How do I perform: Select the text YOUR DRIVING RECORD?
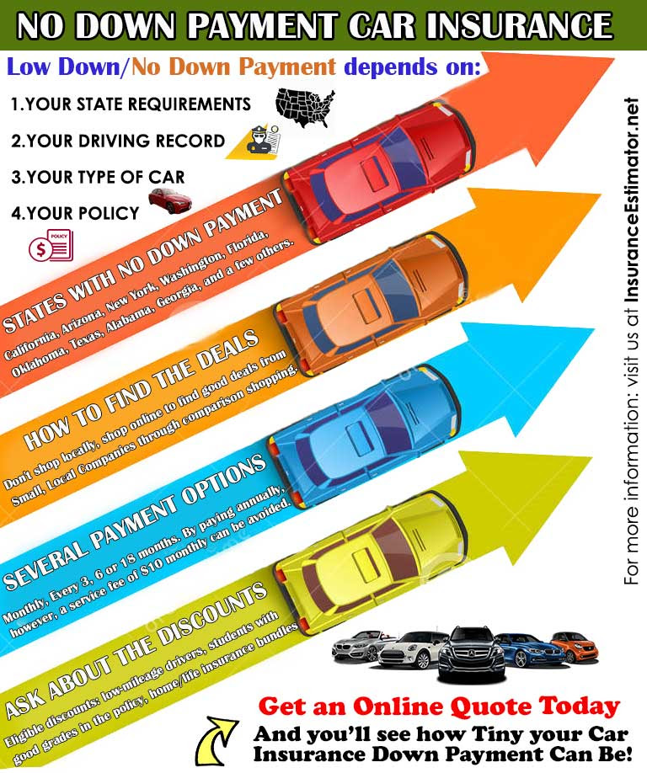(x=118, y=141)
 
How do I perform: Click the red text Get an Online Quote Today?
(x=438, y=706)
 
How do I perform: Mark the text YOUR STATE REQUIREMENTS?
(x=131, y=105)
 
